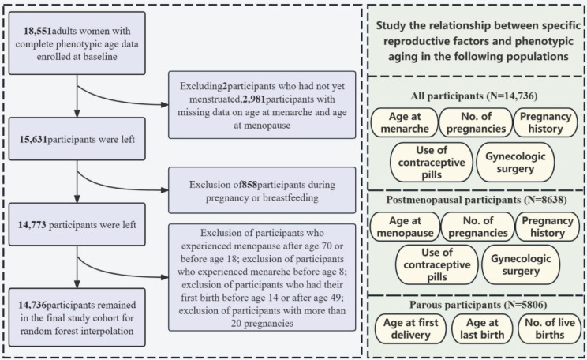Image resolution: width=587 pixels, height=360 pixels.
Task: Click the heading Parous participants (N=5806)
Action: [x=477, y=303]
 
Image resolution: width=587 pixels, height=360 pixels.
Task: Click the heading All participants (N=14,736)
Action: [x=477, y=96]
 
